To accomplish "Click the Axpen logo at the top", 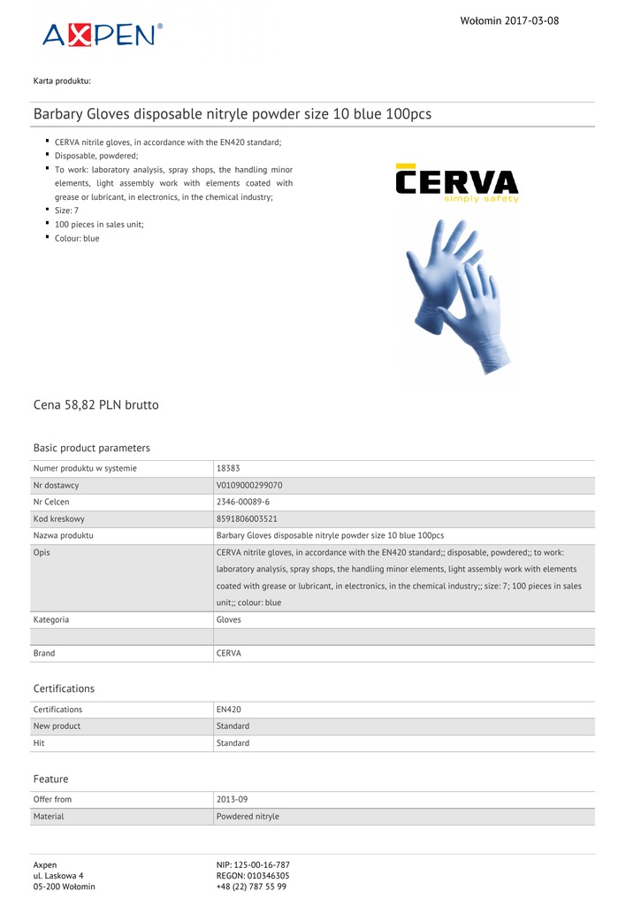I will click(102, 35).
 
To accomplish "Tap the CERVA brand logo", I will click(457, 184).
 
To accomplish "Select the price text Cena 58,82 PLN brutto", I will click(96, 405).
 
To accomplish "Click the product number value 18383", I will click(228, 468).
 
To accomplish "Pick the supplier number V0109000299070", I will click(249, 485).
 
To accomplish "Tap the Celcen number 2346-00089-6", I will click(243, 502).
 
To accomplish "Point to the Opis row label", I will click(42, 552).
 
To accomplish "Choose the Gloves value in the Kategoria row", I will click(229, 619).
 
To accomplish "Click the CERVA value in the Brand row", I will click(229, 653).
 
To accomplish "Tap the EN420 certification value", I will click(229, 709).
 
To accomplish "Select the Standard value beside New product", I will click(233, 726).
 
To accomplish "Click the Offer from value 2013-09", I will click(233, 799).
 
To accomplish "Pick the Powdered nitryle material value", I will click(248, 816).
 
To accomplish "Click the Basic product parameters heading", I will click(92, 448).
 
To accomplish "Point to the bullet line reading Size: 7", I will click(67, 211).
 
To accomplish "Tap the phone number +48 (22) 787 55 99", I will click(251, 887).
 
